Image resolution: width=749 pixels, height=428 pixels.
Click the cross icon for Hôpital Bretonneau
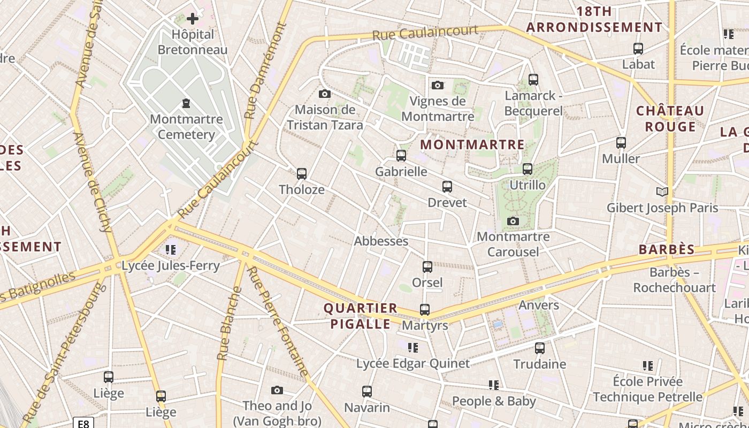pos(192,19)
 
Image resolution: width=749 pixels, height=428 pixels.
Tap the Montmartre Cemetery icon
pos(186,103)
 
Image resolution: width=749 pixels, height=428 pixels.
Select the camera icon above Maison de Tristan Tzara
pos(324,94)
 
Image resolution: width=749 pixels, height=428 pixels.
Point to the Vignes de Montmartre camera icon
pos(438,85)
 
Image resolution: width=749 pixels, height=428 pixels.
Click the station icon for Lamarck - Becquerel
pos(533,80)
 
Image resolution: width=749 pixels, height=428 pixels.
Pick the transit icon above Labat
pos(638,49)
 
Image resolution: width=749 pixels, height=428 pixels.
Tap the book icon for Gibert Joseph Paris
pos(662,192)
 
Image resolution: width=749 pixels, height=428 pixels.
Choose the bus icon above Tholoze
pos(302,174)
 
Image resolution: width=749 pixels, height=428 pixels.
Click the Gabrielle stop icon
pos(401,156)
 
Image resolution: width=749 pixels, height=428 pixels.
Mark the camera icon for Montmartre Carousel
pos(513,221)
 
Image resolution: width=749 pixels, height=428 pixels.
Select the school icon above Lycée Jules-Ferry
pos(171,249)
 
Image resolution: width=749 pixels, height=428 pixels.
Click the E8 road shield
pos(83,424)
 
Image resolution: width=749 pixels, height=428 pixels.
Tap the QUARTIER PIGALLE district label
pos(361,316)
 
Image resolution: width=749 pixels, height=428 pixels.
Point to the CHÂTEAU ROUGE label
pos(670,119)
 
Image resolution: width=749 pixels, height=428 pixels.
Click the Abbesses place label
pos(381,241)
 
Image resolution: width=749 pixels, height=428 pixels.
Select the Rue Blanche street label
pos(229,324)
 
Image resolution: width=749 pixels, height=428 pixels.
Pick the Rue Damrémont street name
pos(265,70)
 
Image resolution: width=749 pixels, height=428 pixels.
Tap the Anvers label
pos(539,305)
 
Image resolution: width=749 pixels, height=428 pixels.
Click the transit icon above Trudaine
pos(540,348)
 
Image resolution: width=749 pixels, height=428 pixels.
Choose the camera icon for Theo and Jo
pos(277,390)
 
